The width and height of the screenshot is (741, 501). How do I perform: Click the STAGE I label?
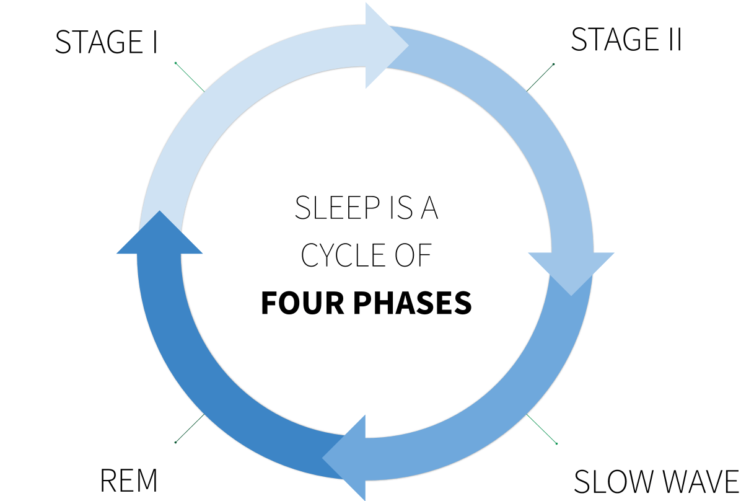pyautogui.click(x=106, y=42)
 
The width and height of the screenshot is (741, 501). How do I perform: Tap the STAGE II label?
pyautogui.click(x=626, y=39)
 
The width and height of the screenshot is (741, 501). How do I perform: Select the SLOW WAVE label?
pyautogui.click(x=656, y=482)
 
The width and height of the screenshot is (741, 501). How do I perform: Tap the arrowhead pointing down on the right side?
pyautogui.click(x=571, y=270)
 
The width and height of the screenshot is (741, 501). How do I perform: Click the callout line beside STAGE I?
pyautogui.click(x=190, y=77)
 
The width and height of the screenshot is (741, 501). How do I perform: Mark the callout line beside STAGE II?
pyautogui.click(x=540, y=78)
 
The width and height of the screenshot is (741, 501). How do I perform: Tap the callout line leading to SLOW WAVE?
pyautogui.click(x=541, y=428)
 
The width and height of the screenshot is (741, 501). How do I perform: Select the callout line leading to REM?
pyautogui.click(x=190, y=428)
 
